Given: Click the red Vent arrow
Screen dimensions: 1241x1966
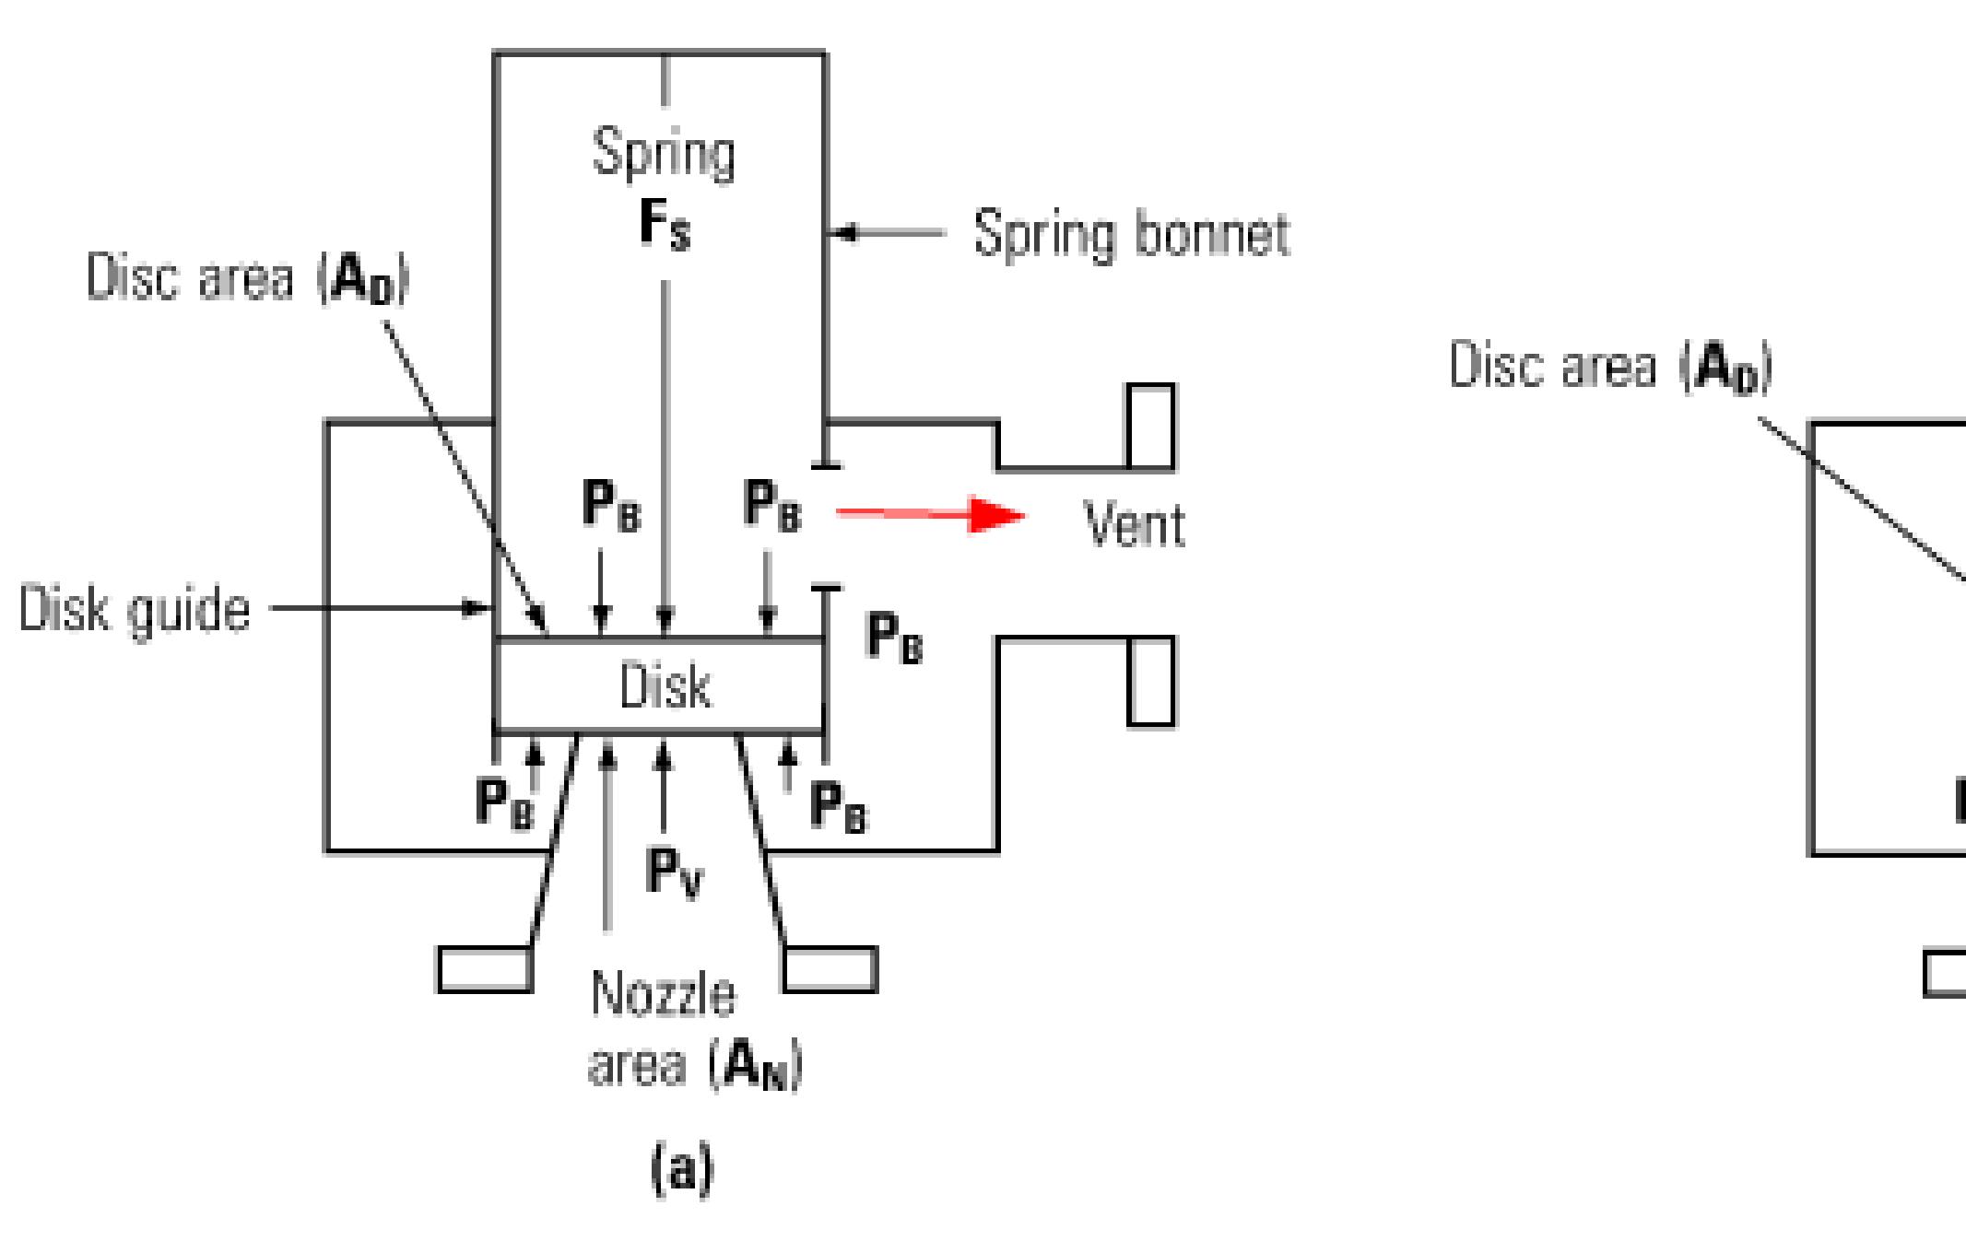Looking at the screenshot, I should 931,514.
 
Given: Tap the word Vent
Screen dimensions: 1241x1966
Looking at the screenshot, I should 1134,525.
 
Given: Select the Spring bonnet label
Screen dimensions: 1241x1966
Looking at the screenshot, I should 1132,234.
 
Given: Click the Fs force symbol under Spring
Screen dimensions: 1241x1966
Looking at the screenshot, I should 665,225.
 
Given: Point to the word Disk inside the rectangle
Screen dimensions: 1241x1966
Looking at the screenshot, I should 665,687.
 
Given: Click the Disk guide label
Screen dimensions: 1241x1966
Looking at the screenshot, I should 135,610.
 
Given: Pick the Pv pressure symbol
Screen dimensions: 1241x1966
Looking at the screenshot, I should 674,871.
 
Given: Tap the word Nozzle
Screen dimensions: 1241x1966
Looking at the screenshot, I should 664,994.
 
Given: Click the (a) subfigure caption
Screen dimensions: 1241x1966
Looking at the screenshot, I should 682,1169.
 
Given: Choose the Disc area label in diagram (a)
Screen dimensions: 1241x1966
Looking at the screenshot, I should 247,278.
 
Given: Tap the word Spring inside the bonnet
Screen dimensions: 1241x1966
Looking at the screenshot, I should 664,153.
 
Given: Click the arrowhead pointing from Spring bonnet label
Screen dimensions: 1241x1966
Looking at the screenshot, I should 841,234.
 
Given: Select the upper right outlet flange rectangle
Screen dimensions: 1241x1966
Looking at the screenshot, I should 1151,427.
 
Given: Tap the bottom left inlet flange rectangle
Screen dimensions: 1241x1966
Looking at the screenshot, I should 485,969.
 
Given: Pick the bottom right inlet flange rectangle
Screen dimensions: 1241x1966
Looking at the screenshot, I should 830,969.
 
